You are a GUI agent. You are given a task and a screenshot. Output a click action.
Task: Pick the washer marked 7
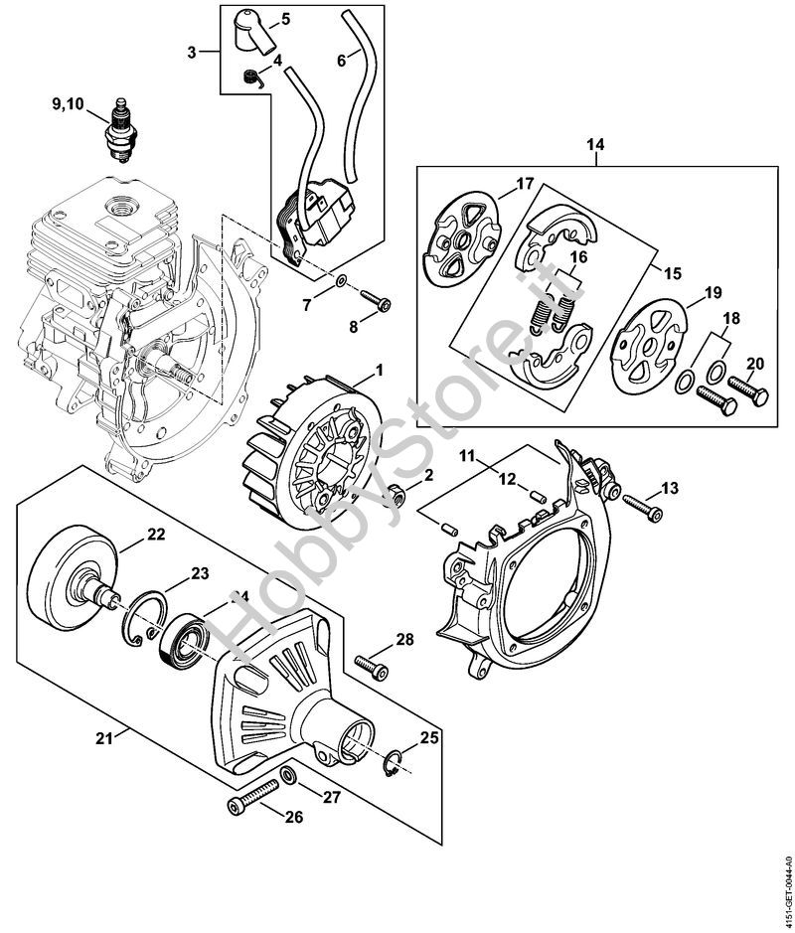point(340,281)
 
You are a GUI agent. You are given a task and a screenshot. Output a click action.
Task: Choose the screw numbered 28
point(372,663)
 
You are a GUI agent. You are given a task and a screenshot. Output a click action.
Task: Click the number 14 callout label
point(594,145)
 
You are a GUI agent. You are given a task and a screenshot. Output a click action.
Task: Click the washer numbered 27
point(287,775)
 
